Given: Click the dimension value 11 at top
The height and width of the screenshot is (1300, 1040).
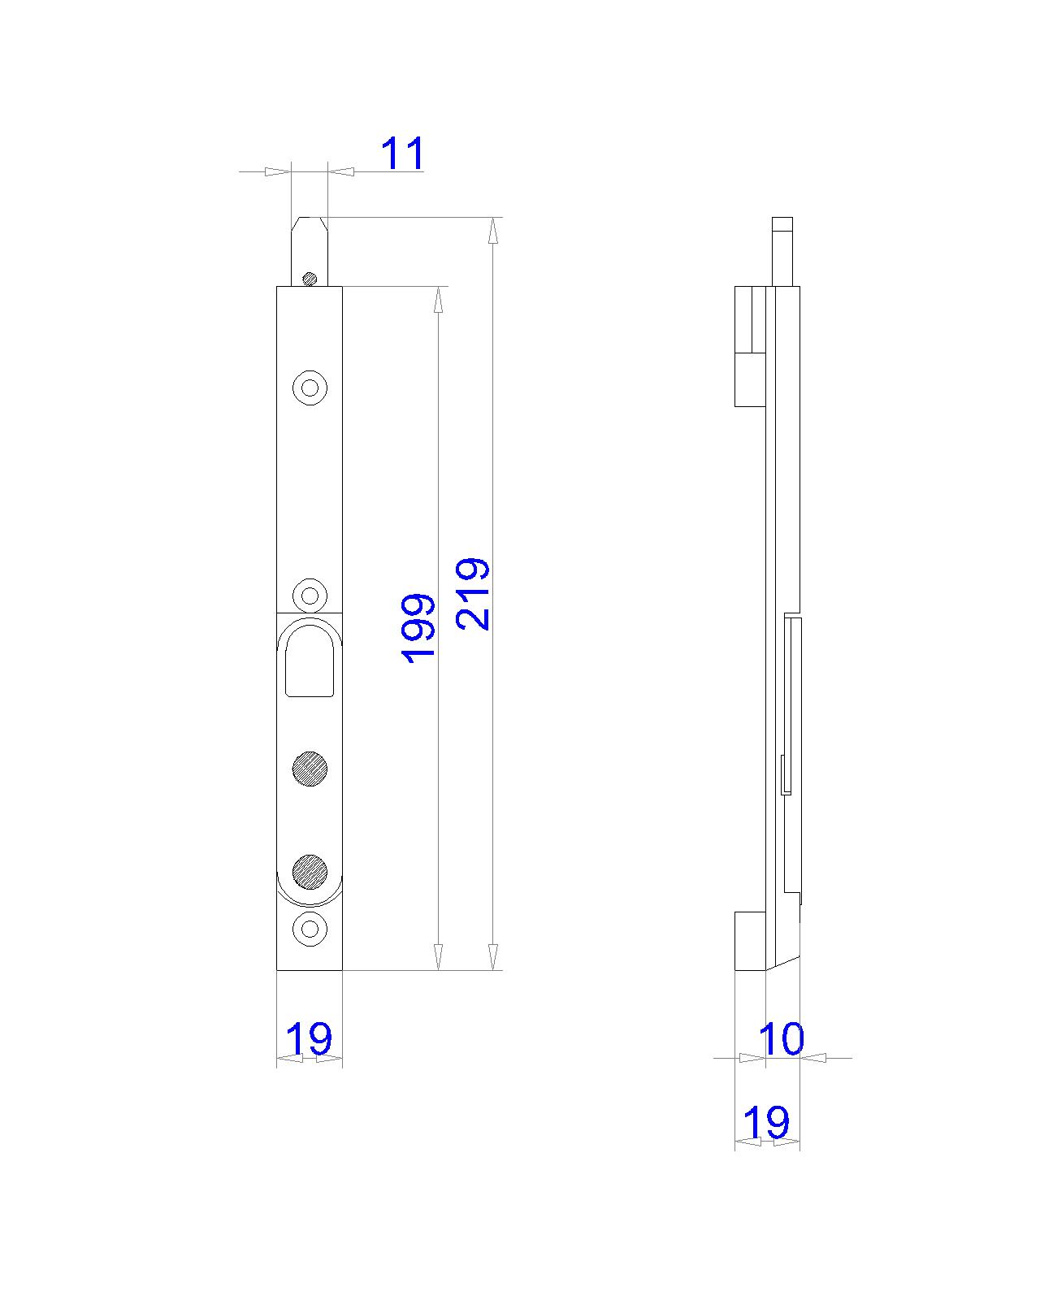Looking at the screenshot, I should pos(403,154).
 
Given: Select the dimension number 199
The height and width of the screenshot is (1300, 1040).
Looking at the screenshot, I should pos(419,627).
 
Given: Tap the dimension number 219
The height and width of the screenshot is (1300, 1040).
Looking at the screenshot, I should pos(473,593).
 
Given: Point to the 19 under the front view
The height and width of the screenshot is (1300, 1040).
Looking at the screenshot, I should pos(310,1038).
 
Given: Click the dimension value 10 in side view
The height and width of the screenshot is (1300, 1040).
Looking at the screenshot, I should pos(781,1038).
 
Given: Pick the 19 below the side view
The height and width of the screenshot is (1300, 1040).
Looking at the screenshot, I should pos(766,1123).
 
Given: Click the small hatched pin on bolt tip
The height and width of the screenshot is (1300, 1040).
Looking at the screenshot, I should pos(309,279).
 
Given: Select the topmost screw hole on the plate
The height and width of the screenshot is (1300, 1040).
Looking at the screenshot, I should pos(310,388).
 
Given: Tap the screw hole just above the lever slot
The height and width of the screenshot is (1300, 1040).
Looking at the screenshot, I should pos(310,595).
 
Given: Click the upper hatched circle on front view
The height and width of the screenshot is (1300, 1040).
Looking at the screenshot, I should pos(310,769).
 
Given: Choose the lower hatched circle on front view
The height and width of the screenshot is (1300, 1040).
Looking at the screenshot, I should pos(310,872).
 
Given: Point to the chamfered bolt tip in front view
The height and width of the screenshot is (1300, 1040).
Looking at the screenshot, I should pos(310,244).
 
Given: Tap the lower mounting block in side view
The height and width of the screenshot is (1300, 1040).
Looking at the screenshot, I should pos(750,941).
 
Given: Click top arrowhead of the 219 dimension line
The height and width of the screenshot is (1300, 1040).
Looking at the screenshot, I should pos(492,231).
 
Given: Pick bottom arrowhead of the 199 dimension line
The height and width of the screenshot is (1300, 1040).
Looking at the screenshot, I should pos(439,957).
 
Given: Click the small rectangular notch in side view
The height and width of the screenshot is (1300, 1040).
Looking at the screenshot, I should pos(783,774).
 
